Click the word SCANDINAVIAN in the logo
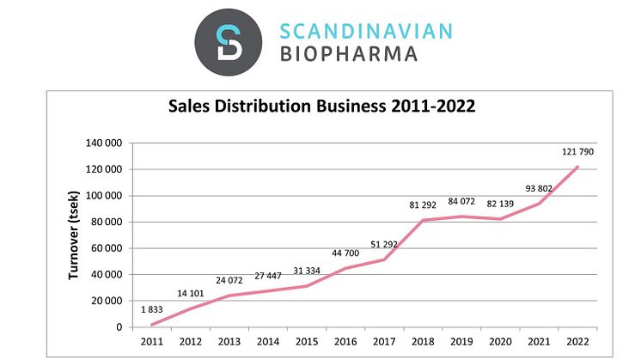366,31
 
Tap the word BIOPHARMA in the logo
349,54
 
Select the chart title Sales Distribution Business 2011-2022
320,107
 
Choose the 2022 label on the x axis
577,340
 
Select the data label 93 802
539,188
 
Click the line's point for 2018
422,220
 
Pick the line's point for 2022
577,167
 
